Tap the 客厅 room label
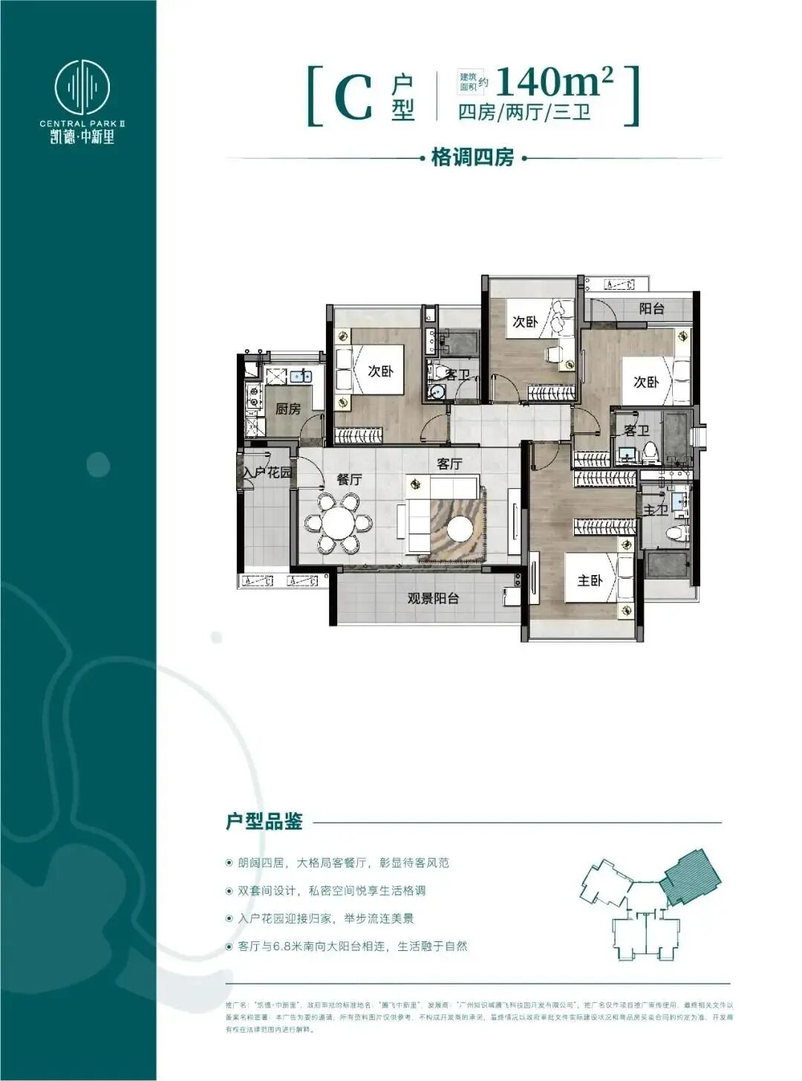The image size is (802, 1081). pos(449,464)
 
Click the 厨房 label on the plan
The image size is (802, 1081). pos(288,409)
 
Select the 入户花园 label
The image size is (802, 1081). pos(267,472)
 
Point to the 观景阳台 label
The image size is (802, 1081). pos(433,598)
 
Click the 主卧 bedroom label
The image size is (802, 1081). pos(590,580)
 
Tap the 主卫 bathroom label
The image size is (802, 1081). pos(655,510)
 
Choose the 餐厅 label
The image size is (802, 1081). pos(349,479)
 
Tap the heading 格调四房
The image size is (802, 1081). pos(472,158)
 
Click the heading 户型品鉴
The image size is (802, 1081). pos(264,822)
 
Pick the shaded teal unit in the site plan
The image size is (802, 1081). pos(689,876)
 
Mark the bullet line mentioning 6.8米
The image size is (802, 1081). pos(352,946)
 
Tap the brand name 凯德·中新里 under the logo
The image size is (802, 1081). pos(82,136)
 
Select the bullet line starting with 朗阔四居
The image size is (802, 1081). pos(343,863)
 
